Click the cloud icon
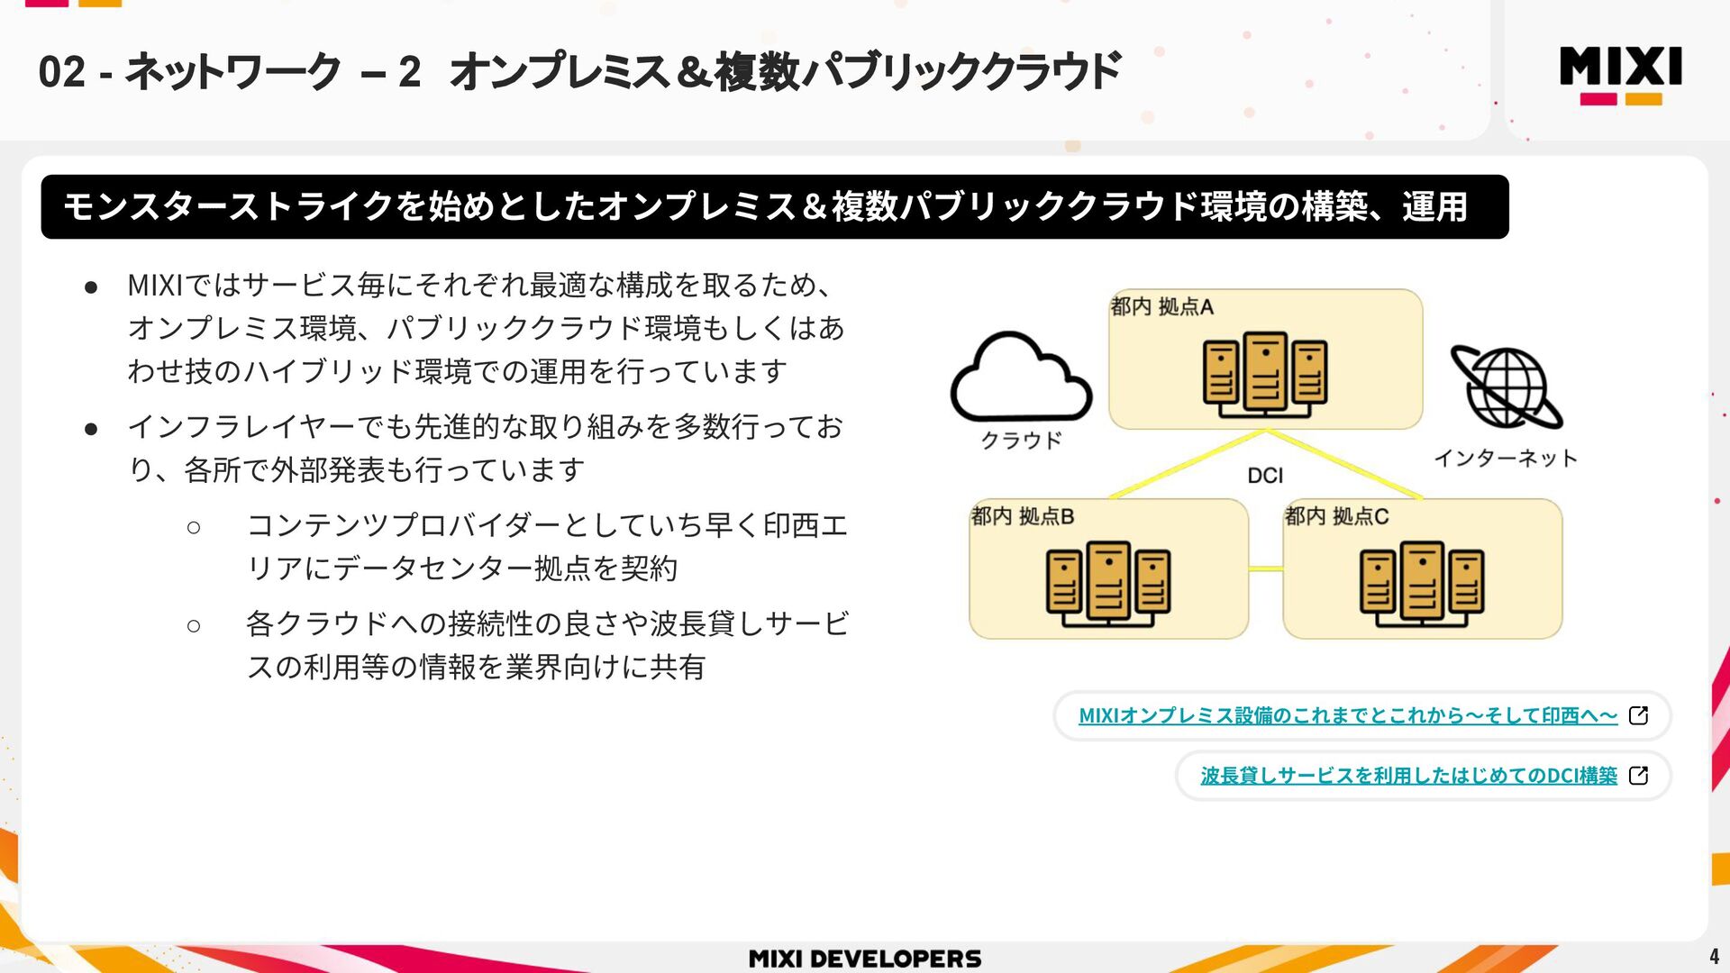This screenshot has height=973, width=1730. [1021, 378]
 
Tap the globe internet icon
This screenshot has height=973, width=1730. [1506, 387]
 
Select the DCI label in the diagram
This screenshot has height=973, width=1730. [1265, 476]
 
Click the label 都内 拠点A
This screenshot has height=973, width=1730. [1161, 307]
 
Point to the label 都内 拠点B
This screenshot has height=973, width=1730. [1022, 517]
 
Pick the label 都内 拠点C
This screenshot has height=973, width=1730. [1335, 517]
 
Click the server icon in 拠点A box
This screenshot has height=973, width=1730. [1265, 374]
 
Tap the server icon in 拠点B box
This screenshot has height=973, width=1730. [1108, 583]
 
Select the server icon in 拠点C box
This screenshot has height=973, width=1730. [1422, 583]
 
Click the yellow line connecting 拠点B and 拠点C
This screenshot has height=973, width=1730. [1265, 568]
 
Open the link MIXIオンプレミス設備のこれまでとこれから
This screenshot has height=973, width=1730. [1347, 716]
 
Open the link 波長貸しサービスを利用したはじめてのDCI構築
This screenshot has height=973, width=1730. [1408, 776]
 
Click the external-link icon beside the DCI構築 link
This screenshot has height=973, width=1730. [1639, 776]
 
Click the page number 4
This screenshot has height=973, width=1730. [1714, 956]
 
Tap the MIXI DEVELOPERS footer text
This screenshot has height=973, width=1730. [865, 959]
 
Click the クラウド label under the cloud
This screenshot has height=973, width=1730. [1021, 441]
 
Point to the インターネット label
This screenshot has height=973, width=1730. [1506, 459]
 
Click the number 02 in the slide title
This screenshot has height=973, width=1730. [61, 72]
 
